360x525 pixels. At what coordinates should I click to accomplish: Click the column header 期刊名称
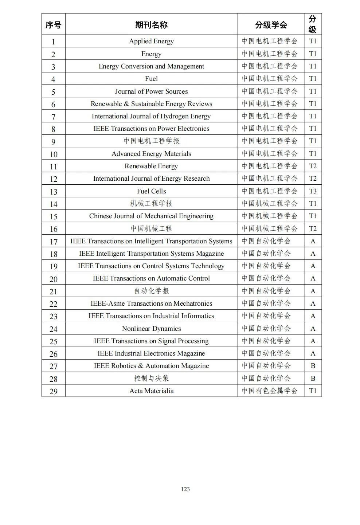[151, 25]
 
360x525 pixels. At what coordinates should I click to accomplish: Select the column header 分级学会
[271, 25]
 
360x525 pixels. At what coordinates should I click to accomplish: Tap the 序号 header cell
[53, 25]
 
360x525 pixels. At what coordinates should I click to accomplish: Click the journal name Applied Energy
[151, 41]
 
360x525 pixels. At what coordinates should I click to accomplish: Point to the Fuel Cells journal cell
[151, 191]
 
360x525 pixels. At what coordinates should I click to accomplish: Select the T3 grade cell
[313, 191]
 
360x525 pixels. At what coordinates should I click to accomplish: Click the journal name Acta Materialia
[151, 391]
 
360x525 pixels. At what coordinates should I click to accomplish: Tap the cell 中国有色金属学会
[270, 391]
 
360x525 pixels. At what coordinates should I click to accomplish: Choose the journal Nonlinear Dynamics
[151, 329]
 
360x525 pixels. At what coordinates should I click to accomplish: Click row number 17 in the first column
[54, 242]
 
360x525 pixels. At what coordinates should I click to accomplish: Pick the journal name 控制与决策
[151, 378]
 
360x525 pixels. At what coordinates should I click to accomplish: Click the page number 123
[185, 489]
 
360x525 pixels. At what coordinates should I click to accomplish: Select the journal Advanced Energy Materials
[151, 154]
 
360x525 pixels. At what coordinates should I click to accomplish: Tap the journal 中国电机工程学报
[151, 141]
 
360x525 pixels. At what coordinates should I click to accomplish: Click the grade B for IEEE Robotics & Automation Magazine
[313, 366]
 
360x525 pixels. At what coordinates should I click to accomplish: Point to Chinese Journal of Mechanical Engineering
[151, 216]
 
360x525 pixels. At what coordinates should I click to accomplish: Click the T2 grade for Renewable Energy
[313, 166]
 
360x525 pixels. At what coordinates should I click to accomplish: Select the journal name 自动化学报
[151, 291]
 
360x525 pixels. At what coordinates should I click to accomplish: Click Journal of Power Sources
[151, 91]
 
